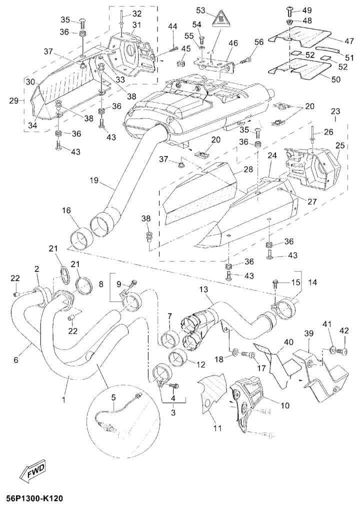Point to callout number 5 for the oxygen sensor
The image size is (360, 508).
point(113,397)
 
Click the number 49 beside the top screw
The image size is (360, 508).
point(306,10)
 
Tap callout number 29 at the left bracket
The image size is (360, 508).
point(14,101)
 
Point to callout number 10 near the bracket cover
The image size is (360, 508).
point(285,405)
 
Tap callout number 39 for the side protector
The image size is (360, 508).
point(309,333)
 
